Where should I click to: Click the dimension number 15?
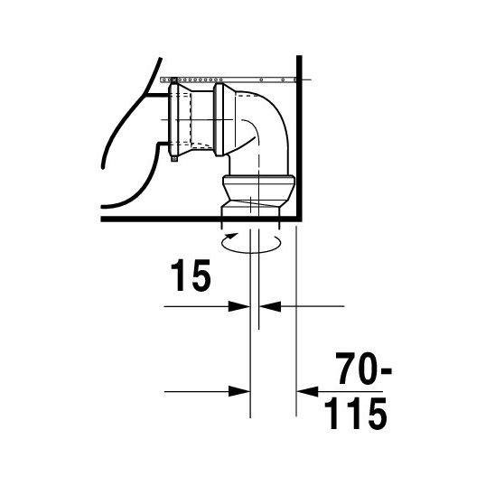click(x=191, y=276)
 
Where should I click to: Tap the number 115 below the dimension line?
click(x=356, y=413)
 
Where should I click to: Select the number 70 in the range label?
click(x=359, y=369)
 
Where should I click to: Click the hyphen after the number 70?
click(x=387, y=370)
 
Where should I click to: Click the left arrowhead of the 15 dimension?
click(x=239, y=306)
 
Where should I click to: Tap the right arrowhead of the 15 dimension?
click(x=270, y=306)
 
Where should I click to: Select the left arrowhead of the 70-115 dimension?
click(x=239, y=392)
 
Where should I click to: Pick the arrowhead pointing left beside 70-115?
click(x=307, y=392)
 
